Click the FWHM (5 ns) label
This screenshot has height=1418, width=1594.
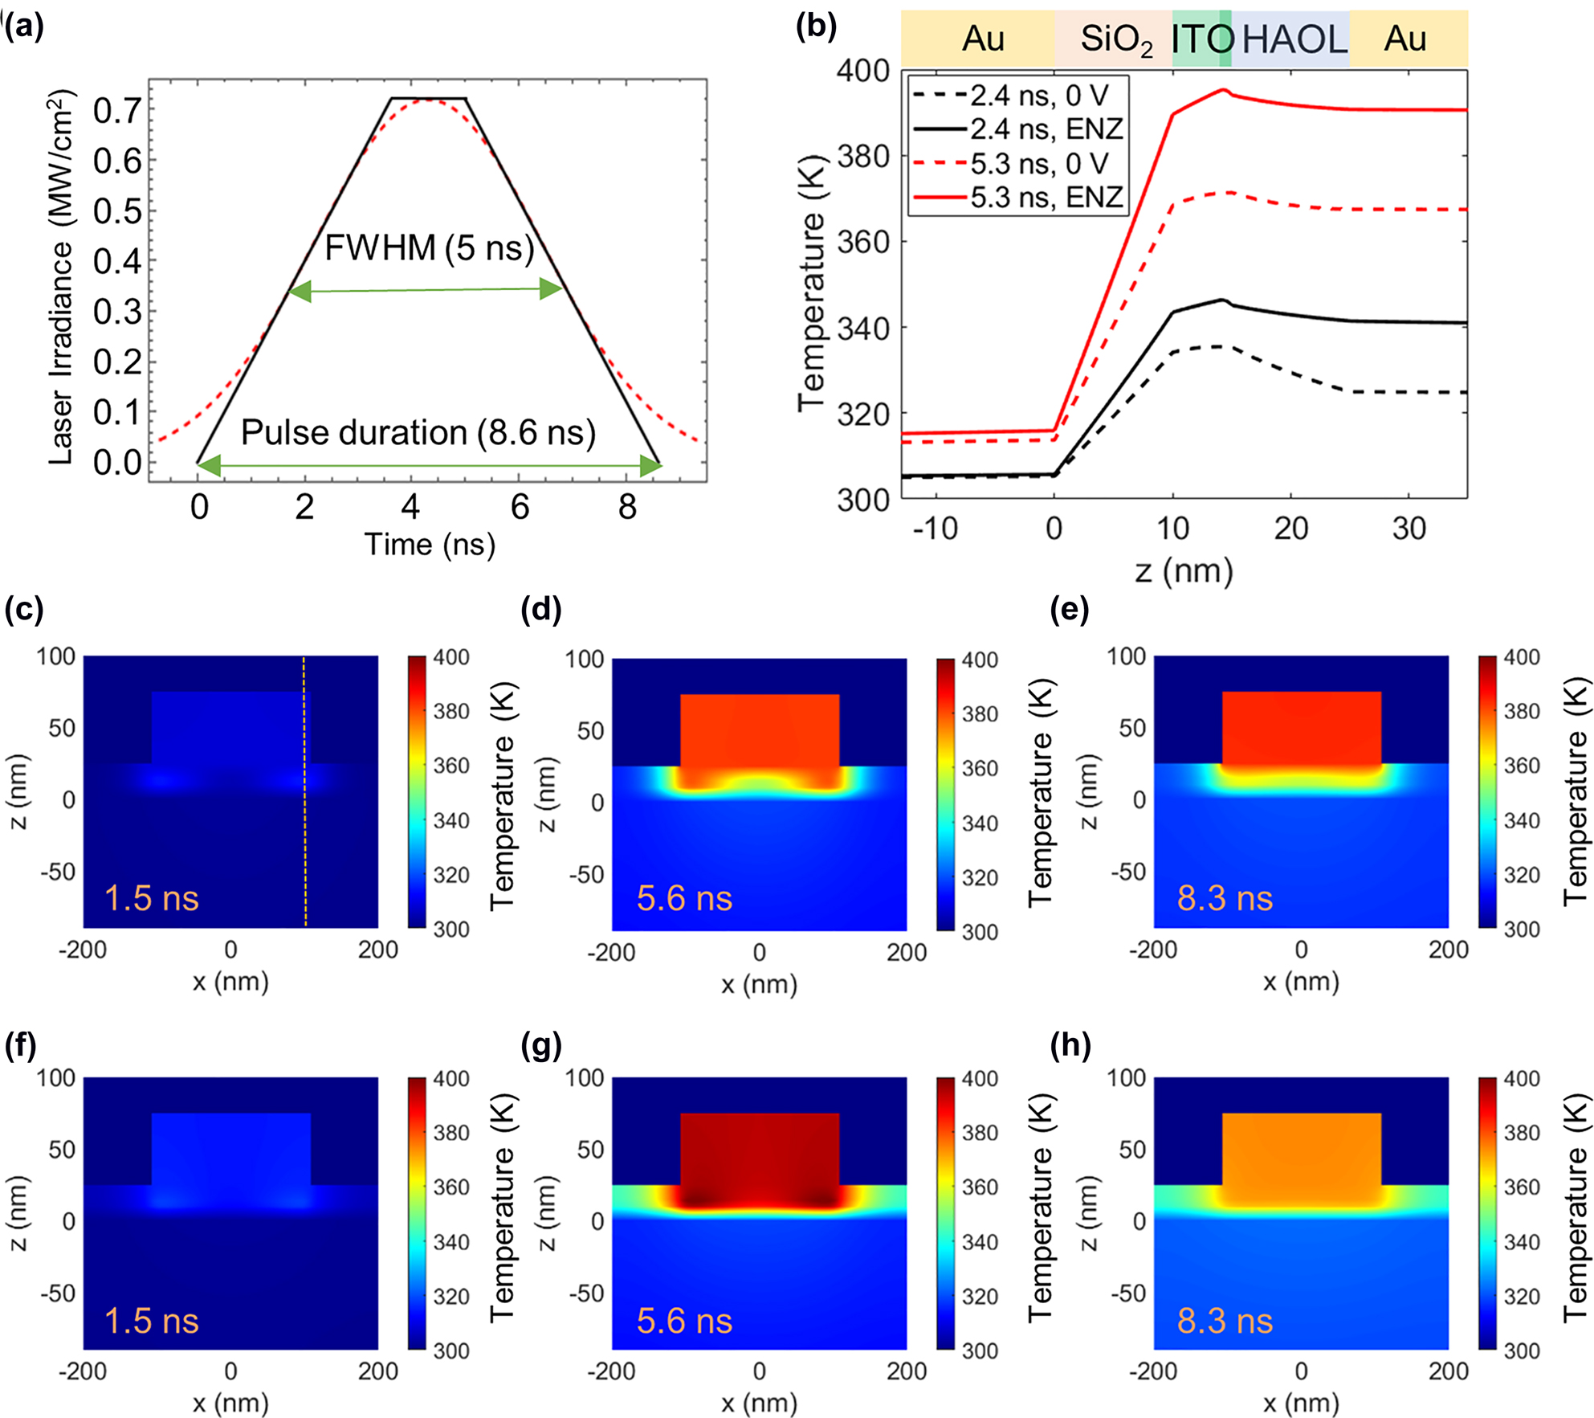coord(429,248)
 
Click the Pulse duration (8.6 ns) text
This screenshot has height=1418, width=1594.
coord(418,433)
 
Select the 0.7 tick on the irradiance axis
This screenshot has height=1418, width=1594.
coord(117,111)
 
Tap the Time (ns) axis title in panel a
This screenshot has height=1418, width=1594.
coord(430,546)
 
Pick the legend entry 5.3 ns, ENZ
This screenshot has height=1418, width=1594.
coord(1046,198)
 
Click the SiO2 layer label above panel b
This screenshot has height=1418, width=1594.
coord(1115,39)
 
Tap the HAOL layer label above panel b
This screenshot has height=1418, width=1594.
coord(1294,39)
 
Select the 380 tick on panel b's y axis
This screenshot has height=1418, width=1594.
coord(863,156)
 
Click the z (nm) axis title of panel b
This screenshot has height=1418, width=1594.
coord(1184,571)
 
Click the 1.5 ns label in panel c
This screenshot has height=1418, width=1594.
coord(151,898)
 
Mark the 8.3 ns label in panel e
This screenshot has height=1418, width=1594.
coord(1225,898)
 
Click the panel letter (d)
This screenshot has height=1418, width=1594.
coord(540,611)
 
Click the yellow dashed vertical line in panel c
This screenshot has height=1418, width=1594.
coord(304,844)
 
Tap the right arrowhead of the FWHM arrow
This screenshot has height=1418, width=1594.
coord(552,289)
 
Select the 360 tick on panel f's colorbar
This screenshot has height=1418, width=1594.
coord(451,1187)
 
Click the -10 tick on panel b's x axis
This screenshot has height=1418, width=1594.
coord(936,529)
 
